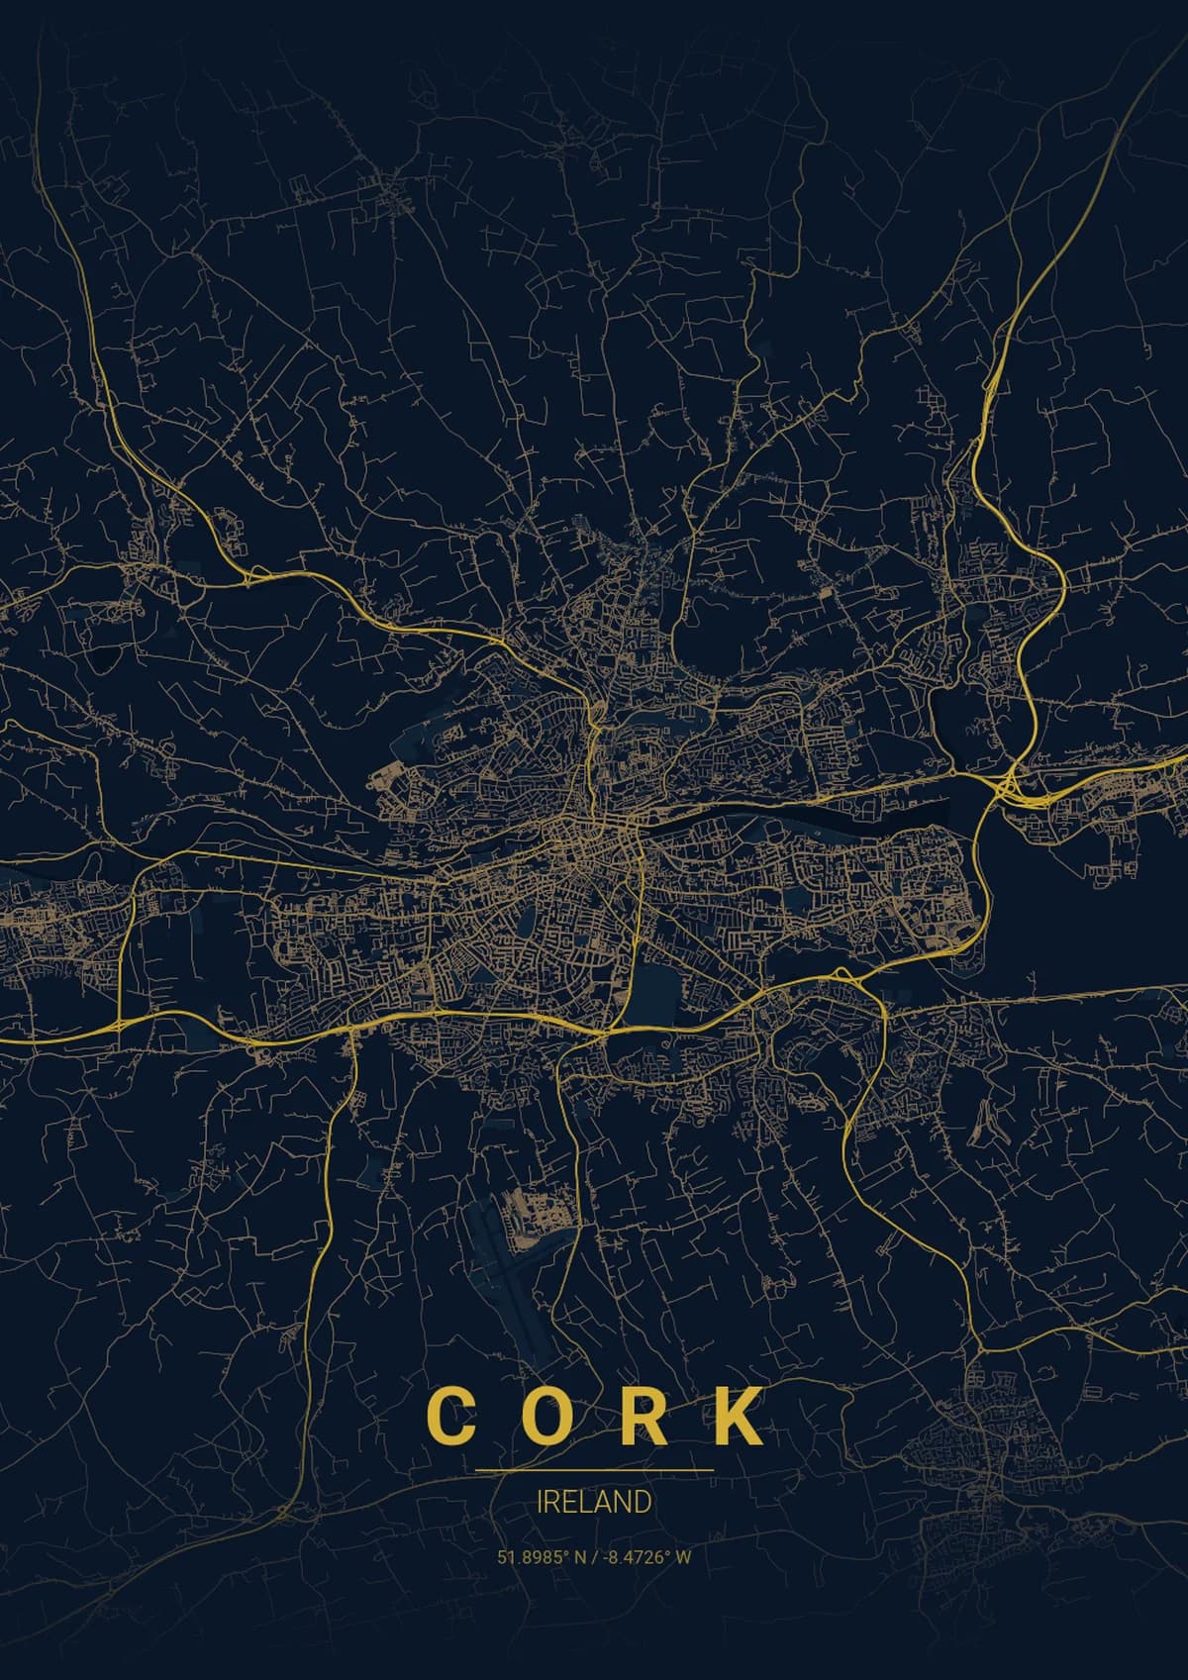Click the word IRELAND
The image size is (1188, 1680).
tap(594, 1501)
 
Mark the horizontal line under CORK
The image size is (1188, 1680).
tap(594, 1470)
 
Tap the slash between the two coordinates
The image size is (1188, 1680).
tap(592, 1557)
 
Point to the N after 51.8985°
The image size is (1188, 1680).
tap(579, 1557)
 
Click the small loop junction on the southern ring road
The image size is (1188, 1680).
tap(841, 976)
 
